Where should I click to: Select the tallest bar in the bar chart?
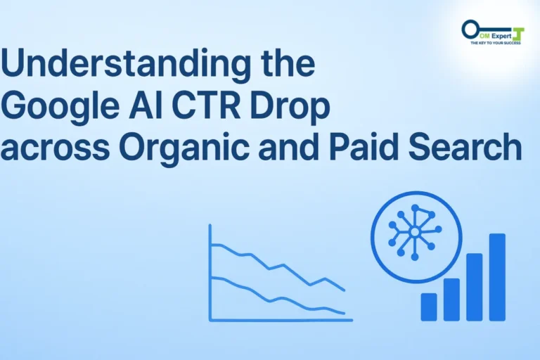(497, 277)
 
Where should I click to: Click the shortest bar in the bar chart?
(429, 307)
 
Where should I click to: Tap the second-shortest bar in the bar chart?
(451, 300)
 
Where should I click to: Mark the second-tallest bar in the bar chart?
(475, 287)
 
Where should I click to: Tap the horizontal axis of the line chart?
(281, 320)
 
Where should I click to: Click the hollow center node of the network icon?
(415, 231)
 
